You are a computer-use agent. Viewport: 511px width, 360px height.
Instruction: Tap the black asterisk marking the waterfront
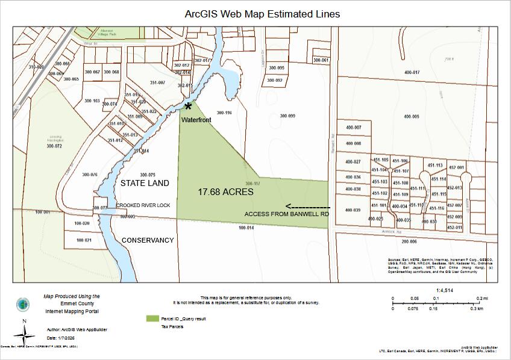click(x=189, y=107)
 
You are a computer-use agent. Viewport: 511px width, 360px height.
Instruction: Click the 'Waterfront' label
click(x=196, y=120)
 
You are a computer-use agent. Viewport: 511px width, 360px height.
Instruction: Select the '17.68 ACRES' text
click(x=226, y=192)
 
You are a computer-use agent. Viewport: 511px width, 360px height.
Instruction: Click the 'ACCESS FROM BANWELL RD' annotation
click(x=286, y=214)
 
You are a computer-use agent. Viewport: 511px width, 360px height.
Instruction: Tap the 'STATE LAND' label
click(x=145, y=183)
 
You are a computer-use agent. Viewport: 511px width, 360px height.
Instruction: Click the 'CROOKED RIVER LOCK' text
click(x=143, y=206)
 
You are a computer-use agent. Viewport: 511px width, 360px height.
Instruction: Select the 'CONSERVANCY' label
click(x=148, y=240)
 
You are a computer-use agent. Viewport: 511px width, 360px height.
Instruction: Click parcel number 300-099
click(x=287, y=116)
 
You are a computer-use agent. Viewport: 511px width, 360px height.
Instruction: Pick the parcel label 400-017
click(x=412, y=72)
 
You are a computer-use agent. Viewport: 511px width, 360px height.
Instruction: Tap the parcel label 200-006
click(x=409, y=241)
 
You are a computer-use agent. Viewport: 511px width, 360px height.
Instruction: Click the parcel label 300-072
click(x=54, y=146)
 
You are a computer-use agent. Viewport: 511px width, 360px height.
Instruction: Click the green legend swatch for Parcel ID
click(x=152, y=318)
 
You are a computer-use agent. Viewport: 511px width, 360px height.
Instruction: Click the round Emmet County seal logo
click(x=22, y=305)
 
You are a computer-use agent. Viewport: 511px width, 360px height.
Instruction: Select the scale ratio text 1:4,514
click(x=444, y=290)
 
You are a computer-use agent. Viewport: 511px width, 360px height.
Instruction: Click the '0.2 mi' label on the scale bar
click(x=482, y=298)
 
